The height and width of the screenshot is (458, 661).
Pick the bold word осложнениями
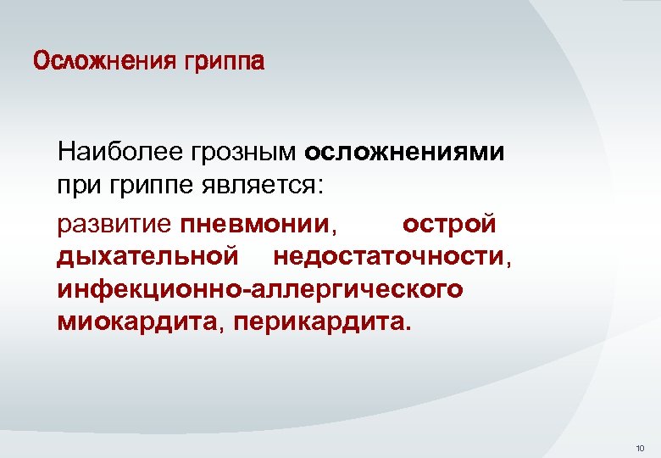[404, 154]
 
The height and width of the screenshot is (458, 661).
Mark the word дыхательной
[146, 257]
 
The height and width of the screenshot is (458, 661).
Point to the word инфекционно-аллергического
[261, 289]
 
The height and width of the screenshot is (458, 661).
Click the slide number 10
[639, 447]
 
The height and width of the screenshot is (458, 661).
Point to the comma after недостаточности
[508, 261]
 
